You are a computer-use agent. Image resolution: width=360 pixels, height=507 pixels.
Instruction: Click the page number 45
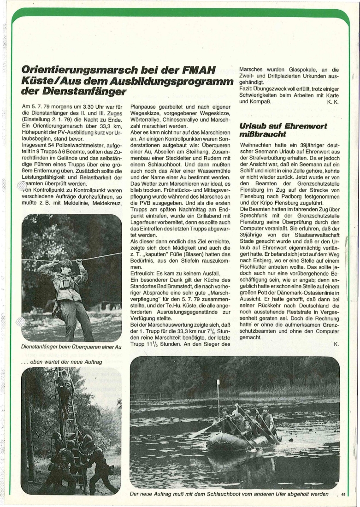343,494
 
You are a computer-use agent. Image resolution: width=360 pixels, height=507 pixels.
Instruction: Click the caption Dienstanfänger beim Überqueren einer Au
71,347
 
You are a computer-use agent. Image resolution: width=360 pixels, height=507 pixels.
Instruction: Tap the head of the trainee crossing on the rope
66,265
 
